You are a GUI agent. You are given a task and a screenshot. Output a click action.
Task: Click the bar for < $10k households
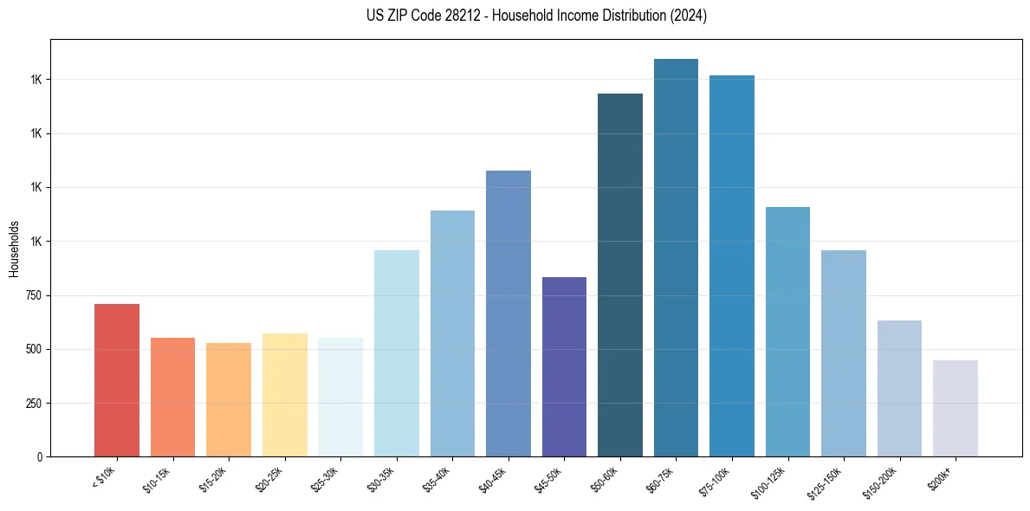click(117, 380)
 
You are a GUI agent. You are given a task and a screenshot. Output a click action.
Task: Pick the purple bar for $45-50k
click(564, 367)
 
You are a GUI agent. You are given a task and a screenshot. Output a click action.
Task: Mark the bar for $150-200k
click(899, 389)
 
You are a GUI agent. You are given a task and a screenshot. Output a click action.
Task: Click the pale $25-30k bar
click(340, 398)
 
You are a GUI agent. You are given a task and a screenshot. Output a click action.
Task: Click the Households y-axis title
click(14, 249)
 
